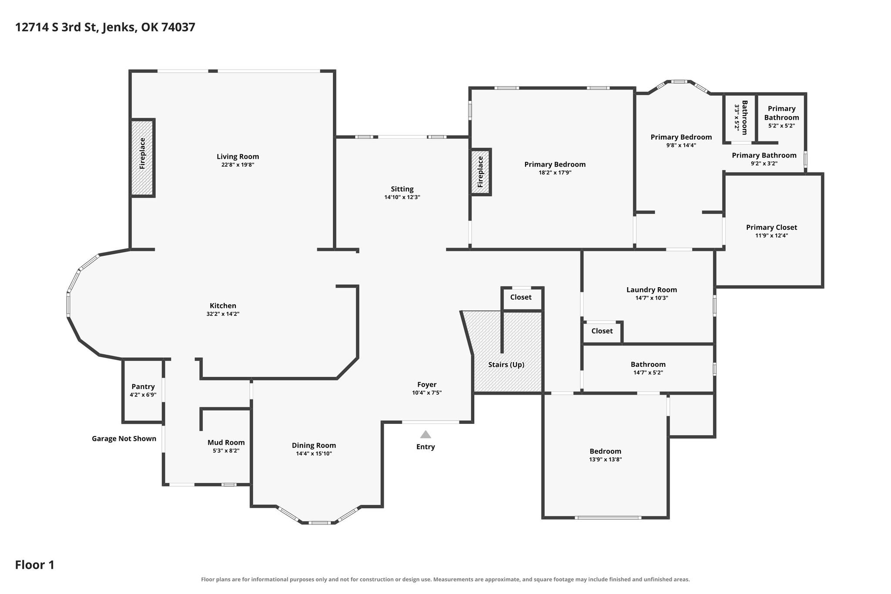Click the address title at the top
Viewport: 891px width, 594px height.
(x=105, y=27)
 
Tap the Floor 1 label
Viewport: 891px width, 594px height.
(x=35, y=565)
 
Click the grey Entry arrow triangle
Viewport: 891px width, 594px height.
(x=425, y=434)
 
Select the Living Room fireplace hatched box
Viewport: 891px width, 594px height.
(x=143, y=158)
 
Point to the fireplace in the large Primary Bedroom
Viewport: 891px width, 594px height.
(x=481, y=172)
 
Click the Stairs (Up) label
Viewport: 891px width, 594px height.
(x=506, y=365)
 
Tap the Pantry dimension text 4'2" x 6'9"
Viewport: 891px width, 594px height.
(x=143, y=395)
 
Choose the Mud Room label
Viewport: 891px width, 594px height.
(x=226, y=443)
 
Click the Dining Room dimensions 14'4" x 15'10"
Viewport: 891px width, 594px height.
(x=314, y=453)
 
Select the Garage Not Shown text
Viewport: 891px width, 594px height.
(x=124, y=439)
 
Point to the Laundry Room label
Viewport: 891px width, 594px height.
(x=652, y=290)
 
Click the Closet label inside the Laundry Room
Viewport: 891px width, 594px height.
(x=602, y=331)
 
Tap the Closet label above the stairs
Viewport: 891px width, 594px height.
(x=521, y=297)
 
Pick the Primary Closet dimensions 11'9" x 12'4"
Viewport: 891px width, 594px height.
(x=772, y=235)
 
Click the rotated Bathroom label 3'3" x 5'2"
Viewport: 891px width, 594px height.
(x=741, y=117)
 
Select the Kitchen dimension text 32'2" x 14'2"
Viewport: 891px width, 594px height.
(x=223, y=314)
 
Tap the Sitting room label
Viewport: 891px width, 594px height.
(x=402, y=189)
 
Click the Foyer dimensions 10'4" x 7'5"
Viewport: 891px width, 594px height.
(x=427, y=393)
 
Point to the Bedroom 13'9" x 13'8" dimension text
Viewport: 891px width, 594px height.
(x=606, y=459)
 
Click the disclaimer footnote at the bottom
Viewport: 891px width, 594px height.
(x=445, y=579)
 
